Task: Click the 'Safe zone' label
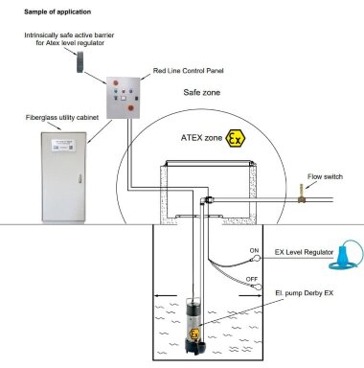204,94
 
